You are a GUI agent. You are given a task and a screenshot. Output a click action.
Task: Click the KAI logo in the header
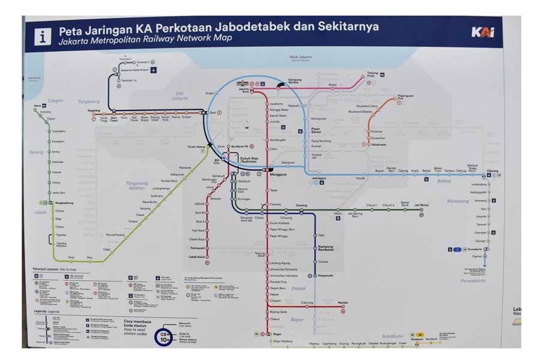(x=483, y=32)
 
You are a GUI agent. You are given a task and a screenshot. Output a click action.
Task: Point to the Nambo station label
(x=343, y=303)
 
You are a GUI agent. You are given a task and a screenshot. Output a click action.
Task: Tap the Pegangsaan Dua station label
(x=406, y=97)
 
